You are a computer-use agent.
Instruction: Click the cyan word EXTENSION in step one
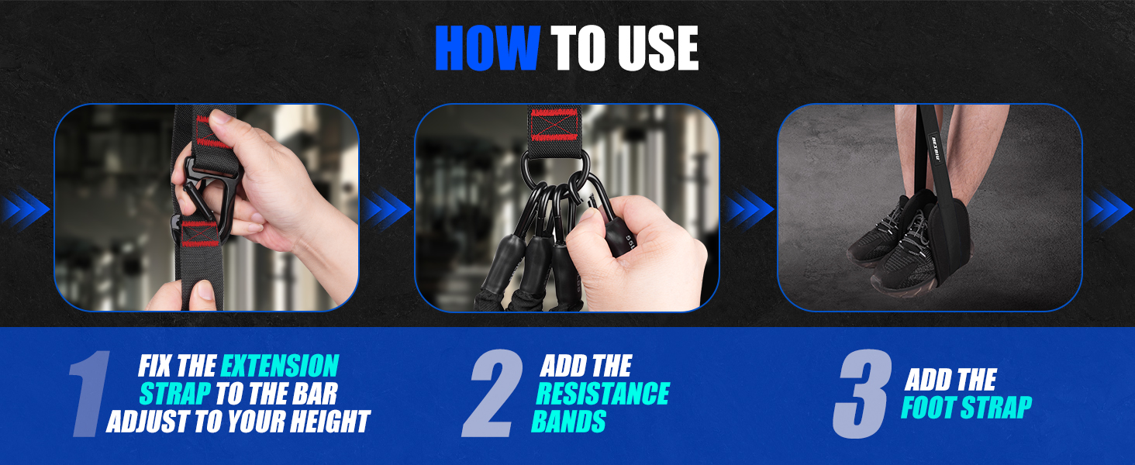tap(280, 366)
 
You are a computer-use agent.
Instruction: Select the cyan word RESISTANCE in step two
tap(602, 394)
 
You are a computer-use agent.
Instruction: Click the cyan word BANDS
tap(568, 422)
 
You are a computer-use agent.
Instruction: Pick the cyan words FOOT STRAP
tap(966, 408)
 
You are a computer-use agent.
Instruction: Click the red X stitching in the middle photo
tap(552, 126)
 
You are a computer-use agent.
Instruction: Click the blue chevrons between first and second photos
tap(386, 208)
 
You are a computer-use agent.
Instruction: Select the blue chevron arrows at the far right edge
tap(1109, 208)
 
